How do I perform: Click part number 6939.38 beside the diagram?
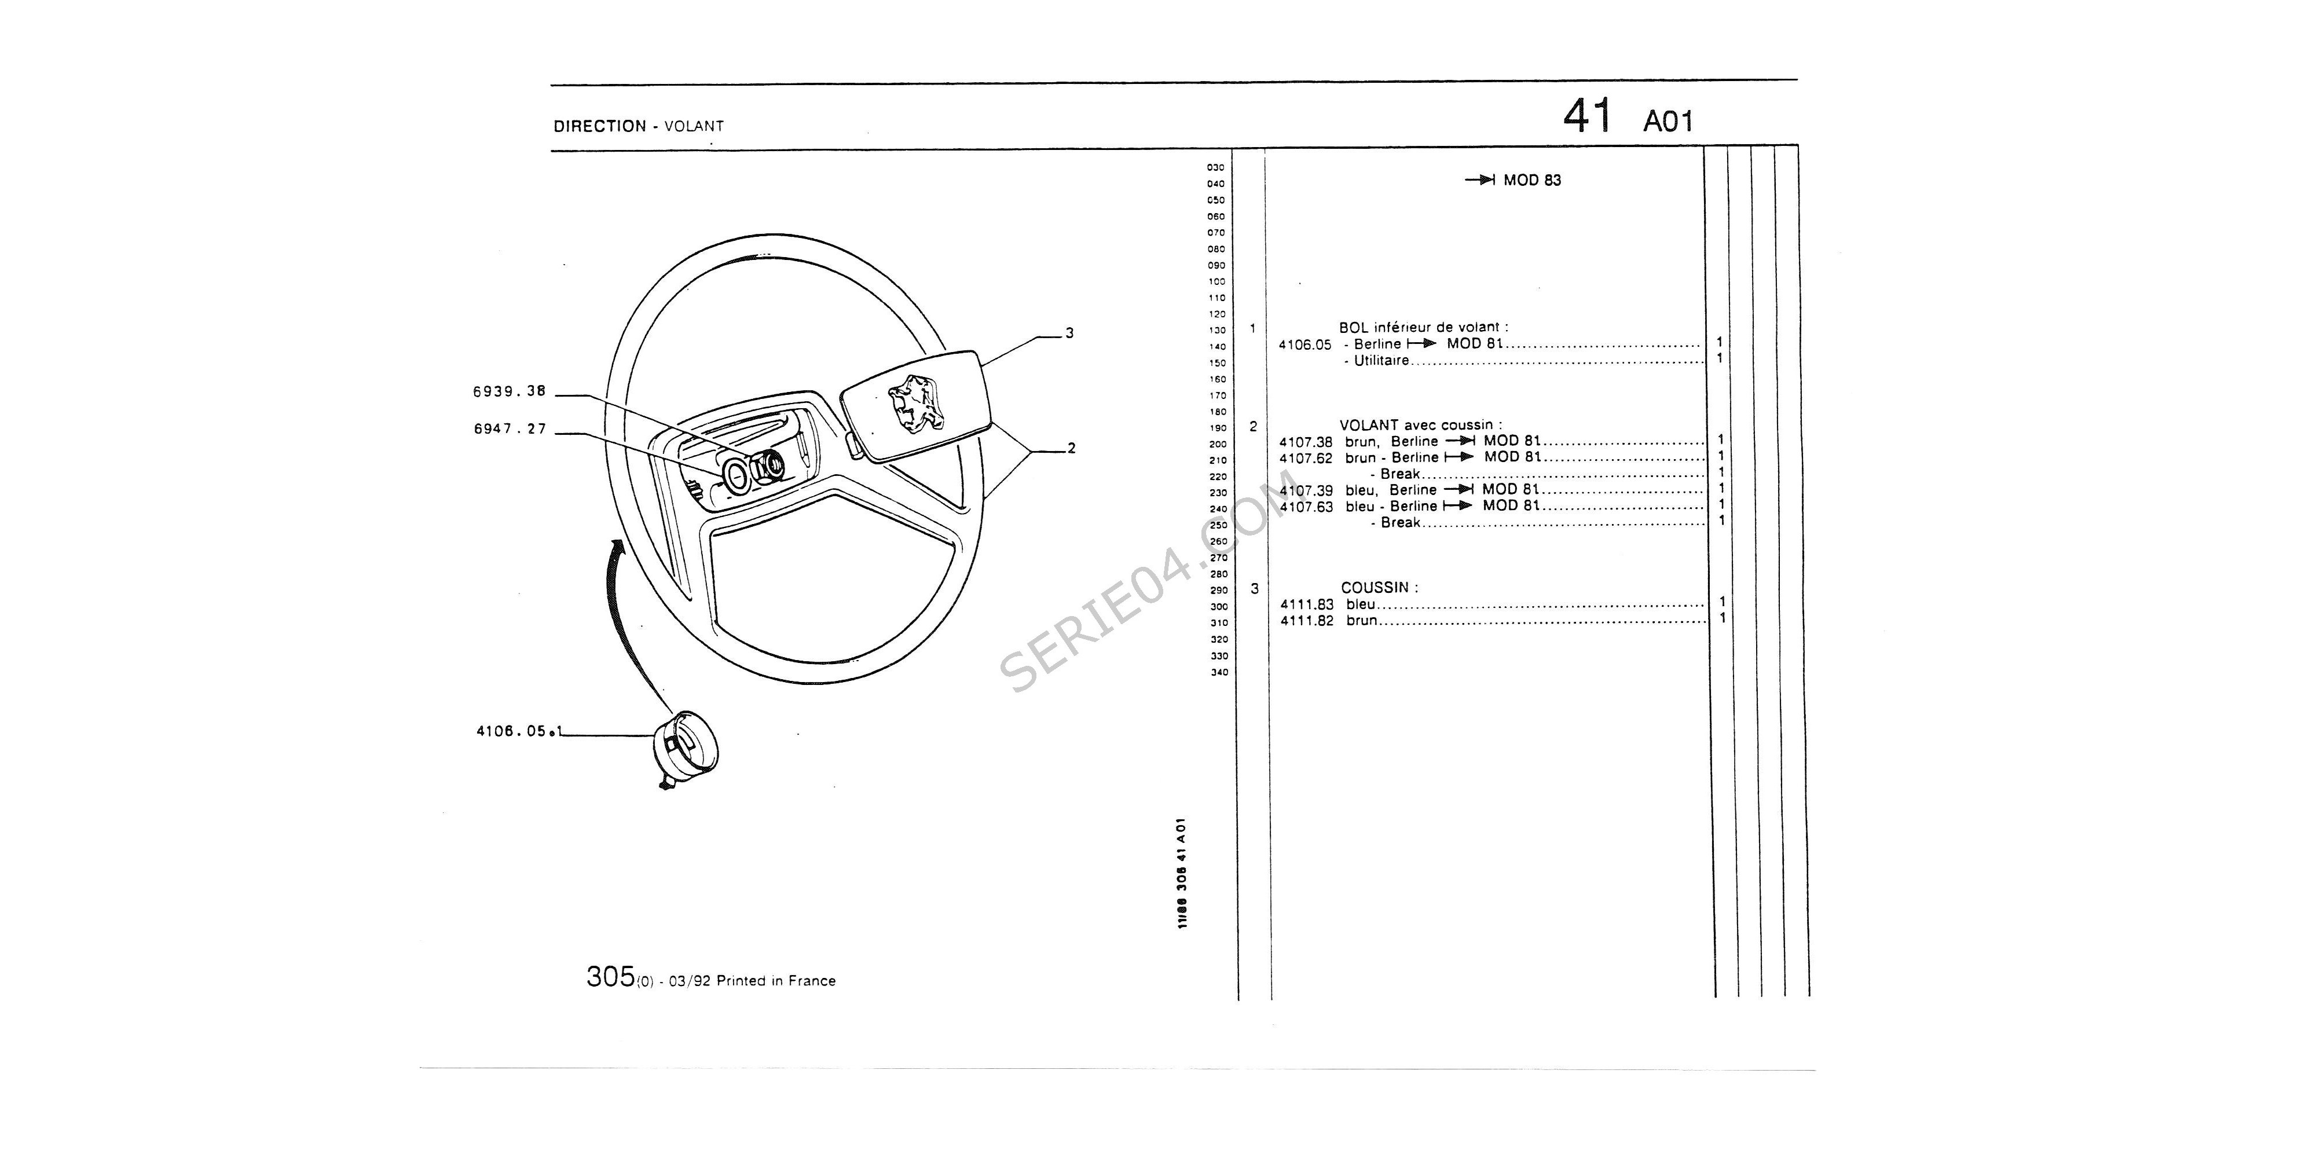coord(510,391)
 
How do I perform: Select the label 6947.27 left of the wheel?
coord(511,429)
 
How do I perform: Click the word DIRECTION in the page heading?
coord(600,126)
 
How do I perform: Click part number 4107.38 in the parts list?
coord(1306,441)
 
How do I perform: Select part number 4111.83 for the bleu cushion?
coord(1307,604)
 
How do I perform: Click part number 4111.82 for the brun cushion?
coord(1307,620)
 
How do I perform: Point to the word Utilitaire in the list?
coord(1382,361)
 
